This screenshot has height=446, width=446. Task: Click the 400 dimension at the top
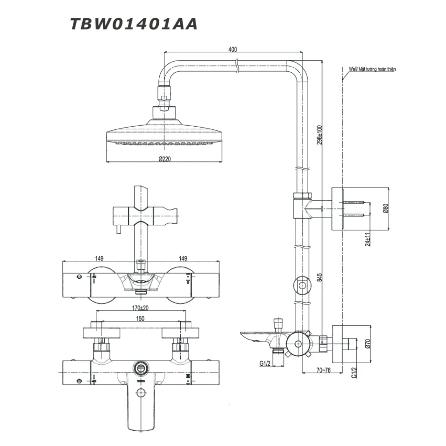(232, 50)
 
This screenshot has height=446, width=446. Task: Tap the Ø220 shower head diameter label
(165, 159)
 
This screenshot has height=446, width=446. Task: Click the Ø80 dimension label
(386, 208)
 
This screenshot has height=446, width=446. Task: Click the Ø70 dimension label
(368, 343)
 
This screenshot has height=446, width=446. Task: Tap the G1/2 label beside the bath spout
(265, 363)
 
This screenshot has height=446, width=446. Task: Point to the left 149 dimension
(99, 258)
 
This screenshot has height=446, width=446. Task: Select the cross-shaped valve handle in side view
(296, 344)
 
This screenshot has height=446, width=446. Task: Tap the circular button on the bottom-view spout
(141, 393)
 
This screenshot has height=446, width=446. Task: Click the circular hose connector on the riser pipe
(302, 285)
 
